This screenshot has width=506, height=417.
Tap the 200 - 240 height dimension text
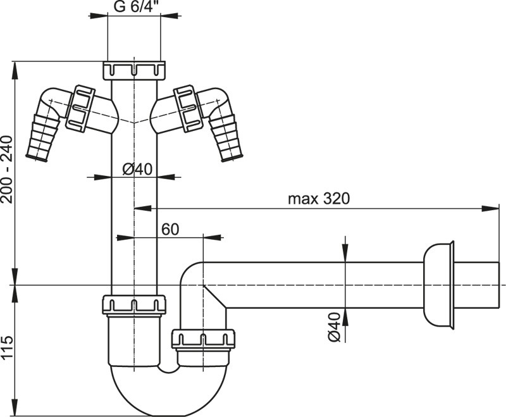point(6,170)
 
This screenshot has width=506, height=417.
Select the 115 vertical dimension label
point(6,347)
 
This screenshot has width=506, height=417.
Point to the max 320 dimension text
point(319,199)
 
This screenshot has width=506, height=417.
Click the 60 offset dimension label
point(170,230)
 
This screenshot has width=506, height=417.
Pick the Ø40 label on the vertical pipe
point(137,169)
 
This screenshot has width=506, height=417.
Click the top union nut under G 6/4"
point(134,70)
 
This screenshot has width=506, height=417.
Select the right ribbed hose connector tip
point(228,139)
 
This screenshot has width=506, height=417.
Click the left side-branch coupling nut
point(80,108)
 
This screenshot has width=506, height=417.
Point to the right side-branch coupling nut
point(188,108)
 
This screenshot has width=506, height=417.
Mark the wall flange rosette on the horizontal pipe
point(439,285)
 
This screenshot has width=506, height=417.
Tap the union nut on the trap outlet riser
point(202,339)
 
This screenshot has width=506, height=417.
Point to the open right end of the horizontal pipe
point(499,285)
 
